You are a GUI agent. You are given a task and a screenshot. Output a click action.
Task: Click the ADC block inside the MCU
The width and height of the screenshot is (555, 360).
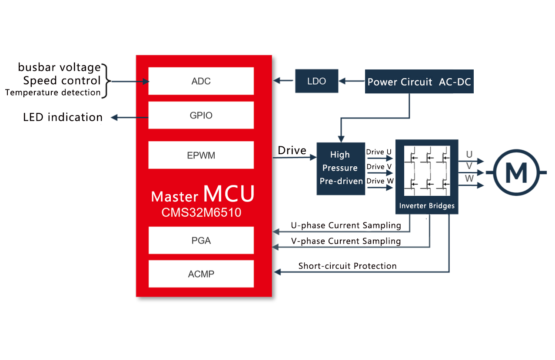tap(201, 81)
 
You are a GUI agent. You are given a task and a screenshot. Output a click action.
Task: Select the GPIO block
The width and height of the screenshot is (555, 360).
tap(201, 116)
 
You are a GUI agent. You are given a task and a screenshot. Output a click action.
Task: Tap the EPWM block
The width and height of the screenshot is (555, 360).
tap(201, 155)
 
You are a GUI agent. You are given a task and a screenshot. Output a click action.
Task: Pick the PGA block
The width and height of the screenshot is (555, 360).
tap(201, 240)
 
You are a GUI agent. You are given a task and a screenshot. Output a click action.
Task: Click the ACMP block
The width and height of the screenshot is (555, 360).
tap(201, 274)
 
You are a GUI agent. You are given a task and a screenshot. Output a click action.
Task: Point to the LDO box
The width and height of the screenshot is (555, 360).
tap(316, 81)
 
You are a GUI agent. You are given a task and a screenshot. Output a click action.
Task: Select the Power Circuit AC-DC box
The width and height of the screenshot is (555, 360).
tap(419, 82)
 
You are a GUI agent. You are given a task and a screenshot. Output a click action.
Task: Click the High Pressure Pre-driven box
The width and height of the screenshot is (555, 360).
tap(341, 168)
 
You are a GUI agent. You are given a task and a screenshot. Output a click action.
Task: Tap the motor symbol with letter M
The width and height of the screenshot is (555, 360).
tap(516, 172)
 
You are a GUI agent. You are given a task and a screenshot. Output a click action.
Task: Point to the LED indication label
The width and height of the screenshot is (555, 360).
tap(63, 117)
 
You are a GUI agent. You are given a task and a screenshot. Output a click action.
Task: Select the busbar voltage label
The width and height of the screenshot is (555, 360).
tap(59, 67)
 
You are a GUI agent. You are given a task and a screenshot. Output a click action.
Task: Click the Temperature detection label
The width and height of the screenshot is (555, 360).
tap(53, 92)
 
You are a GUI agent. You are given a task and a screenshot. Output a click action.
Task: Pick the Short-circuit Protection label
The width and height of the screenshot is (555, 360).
tap(347, 266)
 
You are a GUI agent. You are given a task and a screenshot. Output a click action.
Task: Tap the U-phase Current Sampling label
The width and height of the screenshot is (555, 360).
tap(346, 225)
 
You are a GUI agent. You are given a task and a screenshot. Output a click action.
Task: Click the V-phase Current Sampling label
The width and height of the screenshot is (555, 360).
tap(346, 241)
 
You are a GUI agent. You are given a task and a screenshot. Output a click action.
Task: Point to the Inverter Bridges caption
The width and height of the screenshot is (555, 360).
tap(427, 206)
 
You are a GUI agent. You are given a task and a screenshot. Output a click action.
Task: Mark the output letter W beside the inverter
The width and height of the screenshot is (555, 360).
tap(469, 178)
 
